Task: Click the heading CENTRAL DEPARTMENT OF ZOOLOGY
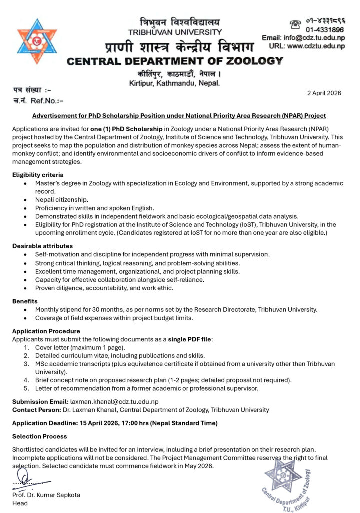click(x=175, y=61)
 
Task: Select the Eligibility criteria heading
click(x=38, y=175)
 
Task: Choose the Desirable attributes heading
click(x=43, y=246)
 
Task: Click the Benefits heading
click(x=26, y=301)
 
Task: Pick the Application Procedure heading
click(x=46, y=331)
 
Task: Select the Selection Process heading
click(x=39, y=436)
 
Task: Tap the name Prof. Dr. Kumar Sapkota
click(x=46, y=495)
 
